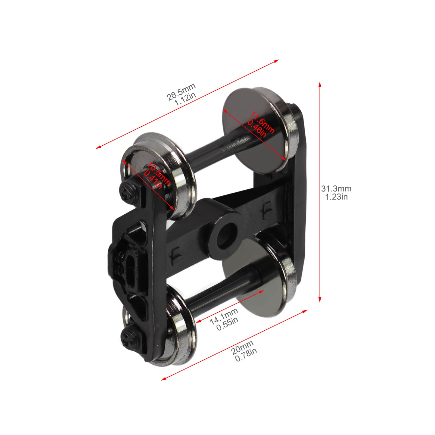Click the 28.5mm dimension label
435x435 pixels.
click(x=181, y=92)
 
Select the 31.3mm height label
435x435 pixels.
click(x=336, y=188)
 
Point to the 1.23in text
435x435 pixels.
click(x=336, y=197)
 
